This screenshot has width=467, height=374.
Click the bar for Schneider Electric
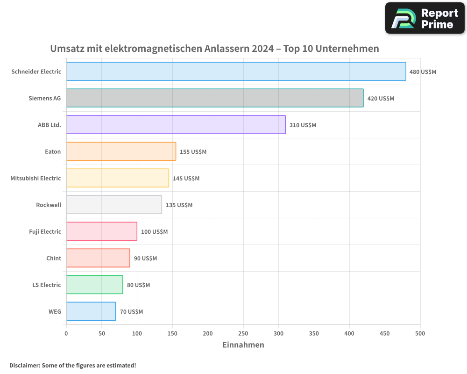tap(236, 72)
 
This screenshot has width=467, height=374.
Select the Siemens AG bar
tap(215, 98)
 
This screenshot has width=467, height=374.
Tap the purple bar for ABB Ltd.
tap(176, 125)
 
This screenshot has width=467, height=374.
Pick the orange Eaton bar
tap(121, 151)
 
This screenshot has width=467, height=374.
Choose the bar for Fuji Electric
tap(101, 231)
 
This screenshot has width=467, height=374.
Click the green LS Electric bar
tap(94, 285)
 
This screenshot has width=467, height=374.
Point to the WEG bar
tap(91, 311)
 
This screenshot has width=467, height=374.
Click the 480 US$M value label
tap(423, 72)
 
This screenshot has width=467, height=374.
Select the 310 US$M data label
tap(303, 125)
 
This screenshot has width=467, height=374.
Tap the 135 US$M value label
tap(179, 205)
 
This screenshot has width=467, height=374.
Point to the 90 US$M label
tap(145, 259)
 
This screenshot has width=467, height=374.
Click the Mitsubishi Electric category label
tap(35, 178)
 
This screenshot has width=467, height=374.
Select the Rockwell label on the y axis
tap(49, 205)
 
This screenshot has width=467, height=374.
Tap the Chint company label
tap(54, 258)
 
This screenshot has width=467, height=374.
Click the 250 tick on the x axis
tap(243, 333)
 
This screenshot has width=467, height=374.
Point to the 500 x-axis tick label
tap(420, 333)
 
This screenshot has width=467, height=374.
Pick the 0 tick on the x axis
tap(66, 333)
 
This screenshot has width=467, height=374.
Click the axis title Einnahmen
tap(243, 345)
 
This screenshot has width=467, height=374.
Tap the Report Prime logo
tap(425, 18)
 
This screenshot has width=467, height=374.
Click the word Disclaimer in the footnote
tap(24, 365)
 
